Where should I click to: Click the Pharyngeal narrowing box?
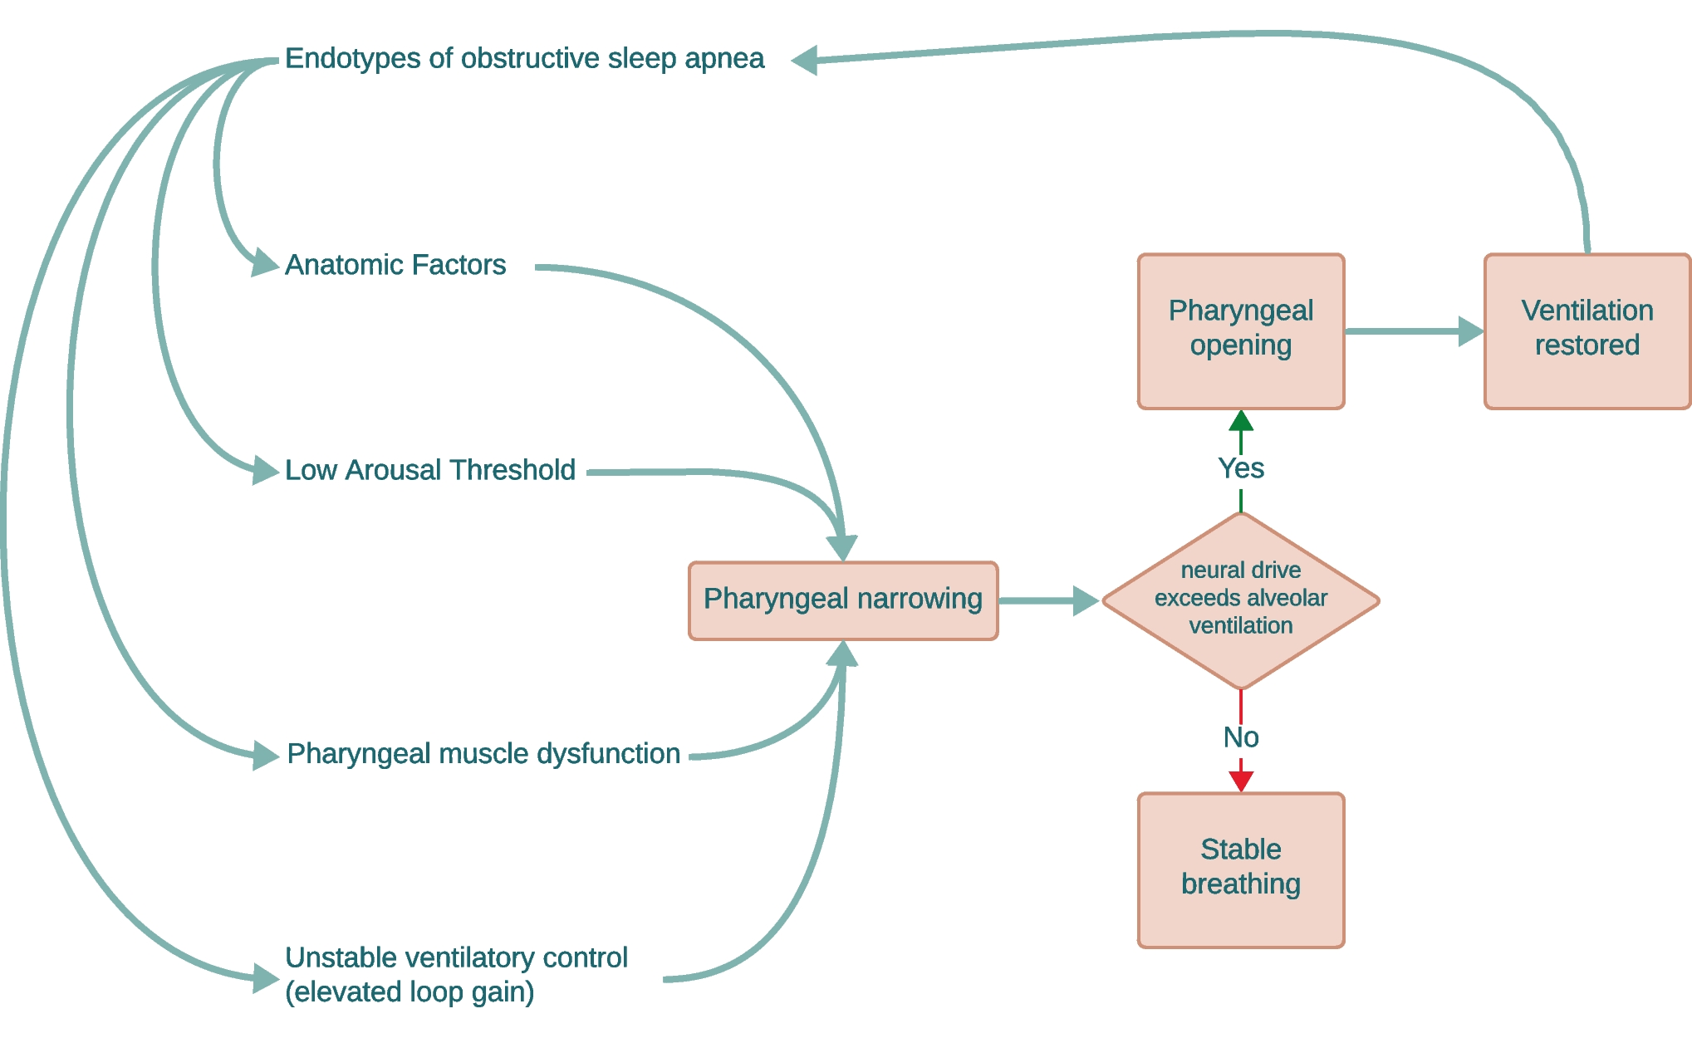842,600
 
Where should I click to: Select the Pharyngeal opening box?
1240,330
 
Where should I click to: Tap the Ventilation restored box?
1587,330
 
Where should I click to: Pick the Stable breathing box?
1240,869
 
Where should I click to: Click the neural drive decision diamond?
1240,600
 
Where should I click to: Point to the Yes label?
1240,469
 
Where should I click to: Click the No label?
1240,737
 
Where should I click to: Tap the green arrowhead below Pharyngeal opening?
1240,421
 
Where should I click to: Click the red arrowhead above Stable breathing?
1240,781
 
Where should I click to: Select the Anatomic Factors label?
395,265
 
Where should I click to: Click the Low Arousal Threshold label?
429,470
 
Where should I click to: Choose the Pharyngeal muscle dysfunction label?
483,754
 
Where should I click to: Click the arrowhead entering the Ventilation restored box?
1471,330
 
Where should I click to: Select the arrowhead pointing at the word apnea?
804,60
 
